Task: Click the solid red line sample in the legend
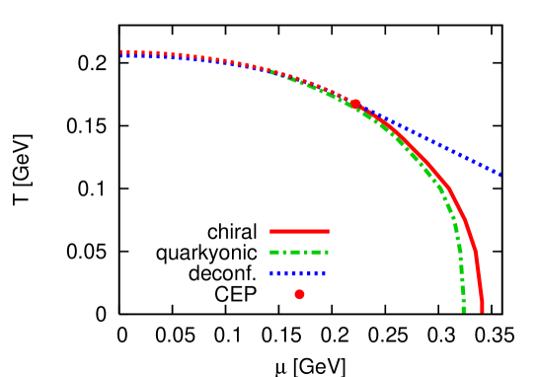tap(299, 231)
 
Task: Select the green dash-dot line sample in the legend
tap(299, 252)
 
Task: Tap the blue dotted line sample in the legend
tap(297, 273)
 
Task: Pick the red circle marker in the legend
tap(299, 294)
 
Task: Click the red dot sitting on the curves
tap(355, 104)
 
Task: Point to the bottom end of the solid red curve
tap(482, 311)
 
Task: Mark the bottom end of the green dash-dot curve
tap(463, 311)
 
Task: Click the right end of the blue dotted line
tap(500, 174)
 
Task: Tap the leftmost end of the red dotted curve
tap(121, 51)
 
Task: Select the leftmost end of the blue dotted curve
tap(121, 56)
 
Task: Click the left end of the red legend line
tap(270, 231)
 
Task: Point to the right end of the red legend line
tap(328, 231)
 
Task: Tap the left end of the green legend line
tap(270, 252)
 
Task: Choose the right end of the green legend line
tap(328, 252)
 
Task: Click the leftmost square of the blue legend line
tap(272, 273)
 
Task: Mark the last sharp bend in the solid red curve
tap(476, 254)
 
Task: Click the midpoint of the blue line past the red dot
tap(427, 140)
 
